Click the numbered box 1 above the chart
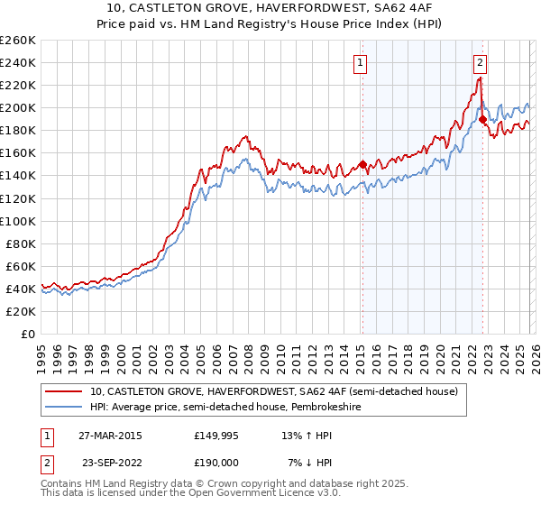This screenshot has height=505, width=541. point(360,62)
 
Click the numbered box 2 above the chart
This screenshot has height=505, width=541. point(480,62)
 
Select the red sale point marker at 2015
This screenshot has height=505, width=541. point(362,164)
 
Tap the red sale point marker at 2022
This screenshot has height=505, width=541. point(482,119)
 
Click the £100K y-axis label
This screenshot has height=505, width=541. point(18,220)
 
